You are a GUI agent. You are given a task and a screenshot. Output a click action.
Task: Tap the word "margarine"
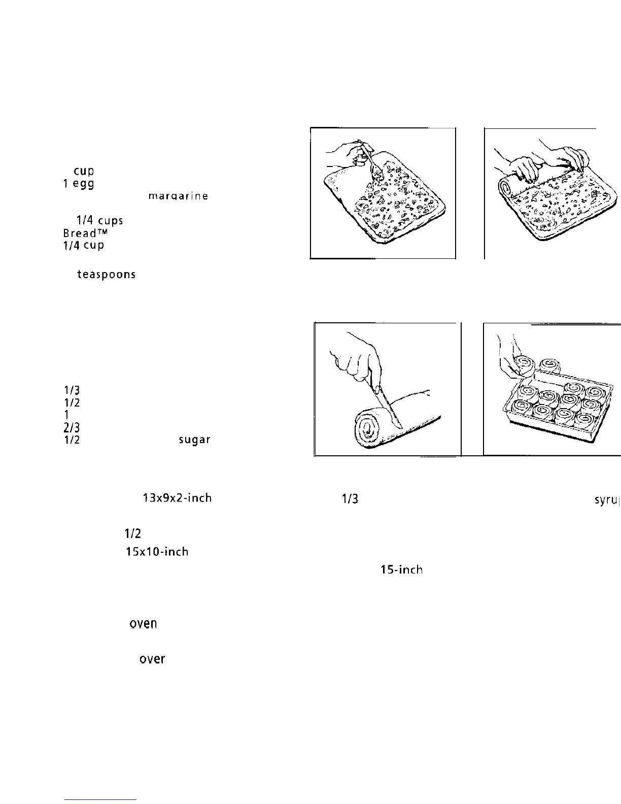click(177, 196)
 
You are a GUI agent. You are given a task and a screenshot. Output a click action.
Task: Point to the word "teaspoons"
click(106, 275)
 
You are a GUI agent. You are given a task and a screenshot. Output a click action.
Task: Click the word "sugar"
click(194, 440)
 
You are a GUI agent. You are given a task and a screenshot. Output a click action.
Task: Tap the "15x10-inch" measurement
click(157, 552)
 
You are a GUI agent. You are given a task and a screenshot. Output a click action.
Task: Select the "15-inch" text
click(401, 570)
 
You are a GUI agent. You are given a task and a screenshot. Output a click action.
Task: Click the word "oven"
click(143, 623)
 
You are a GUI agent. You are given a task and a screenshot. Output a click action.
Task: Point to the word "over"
click(152, 659)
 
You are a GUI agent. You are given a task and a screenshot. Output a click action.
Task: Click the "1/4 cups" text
click(99, 221)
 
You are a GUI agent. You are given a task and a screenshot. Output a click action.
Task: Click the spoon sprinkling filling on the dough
click(373, 165)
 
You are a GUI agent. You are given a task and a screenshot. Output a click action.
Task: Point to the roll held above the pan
click(523, 364)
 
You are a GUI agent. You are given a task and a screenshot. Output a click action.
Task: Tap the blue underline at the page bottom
click(100, 799)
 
